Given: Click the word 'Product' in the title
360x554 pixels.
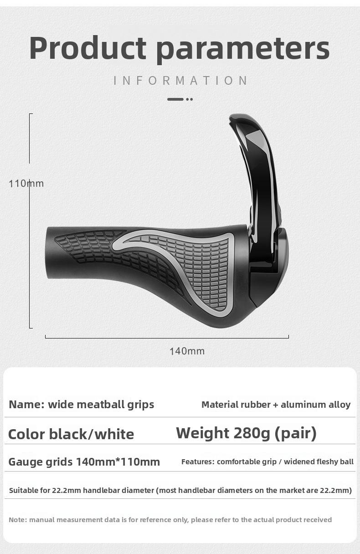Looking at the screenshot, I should [x=88, y=48].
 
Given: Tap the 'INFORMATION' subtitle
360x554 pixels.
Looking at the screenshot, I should [x=180, y=81].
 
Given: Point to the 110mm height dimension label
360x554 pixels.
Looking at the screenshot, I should [x=26, y=184].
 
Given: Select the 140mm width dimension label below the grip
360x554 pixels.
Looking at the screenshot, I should [x=187, y=351].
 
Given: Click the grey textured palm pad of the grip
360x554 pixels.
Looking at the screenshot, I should [x=205, y=269].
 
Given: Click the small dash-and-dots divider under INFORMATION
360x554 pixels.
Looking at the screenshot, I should [x=180, y=99].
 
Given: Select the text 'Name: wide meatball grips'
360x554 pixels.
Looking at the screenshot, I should [x=82, y=405].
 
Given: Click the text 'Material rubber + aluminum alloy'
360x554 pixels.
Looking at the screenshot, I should [x=276, y=405].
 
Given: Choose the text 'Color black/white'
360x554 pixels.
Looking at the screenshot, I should [x=71, y=434].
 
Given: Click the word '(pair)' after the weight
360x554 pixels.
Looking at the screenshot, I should [x=295, y=433].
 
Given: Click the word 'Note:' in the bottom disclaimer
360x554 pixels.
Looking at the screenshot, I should [x=18, y=520].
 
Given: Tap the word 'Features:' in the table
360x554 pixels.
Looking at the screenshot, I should [x=198, y=462].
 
